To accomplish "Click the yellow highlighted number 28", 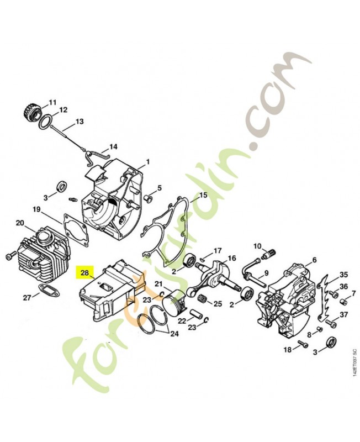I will tap(84, 272).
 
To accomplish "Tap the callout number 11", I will tap(52, 102).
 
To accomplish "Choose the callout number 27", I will tap(27, 298).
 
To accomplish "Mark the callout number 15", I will tap(203, 195).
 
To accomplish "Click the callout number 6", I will tap(314, 260).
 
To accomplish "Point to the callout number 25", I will tap(217, 303).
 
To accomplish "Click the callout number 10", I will tap(257, 246).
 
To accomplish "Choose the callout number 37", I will tap(343, 315).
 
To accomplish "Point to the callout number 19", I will tap(36, 209).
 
